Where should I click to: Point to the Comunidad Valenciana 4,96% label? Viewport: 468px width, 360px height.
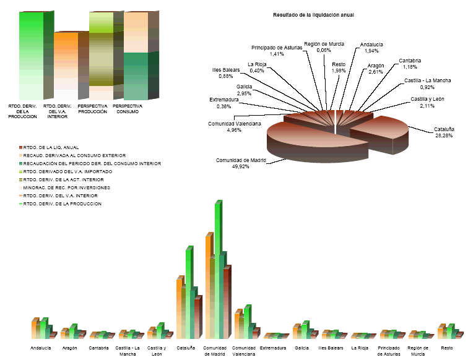(x=235, y=127)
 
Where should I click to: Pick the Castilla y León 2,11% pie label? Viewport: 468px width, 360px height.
(x=428, y=102)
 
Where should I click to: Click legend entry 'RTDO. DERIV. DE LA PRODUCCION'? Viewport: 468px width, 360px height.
(x=62, y=204)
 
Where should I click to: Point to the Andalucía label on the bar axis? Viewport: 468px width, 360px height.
(x=42, y=348)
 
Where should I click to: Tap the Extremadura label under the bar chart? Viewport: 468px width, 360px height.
(x=273, y=348)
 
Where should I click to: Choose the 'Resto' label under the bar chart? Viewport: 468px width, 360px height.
(x=447, y=348)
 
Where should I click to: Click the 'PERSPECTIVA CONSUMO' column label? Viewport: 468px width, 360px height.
(x=128, y=109)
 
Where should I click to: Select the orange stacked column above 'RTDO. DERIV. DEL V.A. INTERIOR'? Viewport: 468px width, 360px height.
(x=66, y=65)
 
